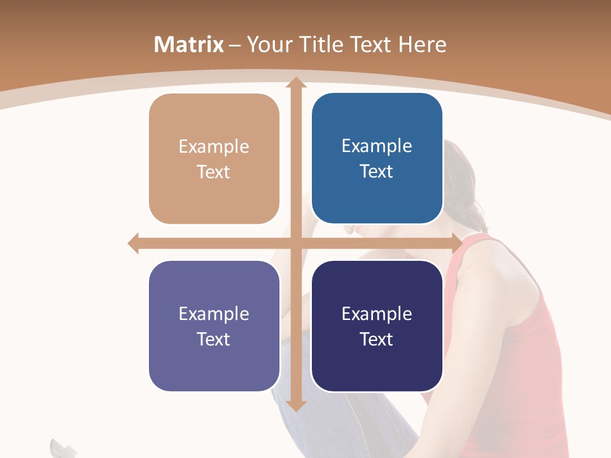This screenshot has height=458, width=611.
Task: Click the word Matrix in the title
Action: [188, 45]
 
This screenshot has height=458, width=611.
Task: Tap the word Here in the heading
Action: [422, 45]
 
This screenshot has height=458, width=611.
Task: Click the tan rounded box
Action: [214, 159]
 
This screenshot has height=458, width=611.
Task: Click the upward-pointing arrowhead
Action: [295, 83]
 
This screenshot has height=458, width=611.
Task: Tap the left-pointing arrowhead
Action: [134, 243]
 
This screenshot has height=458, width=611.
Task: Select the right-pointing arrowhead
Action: [457, 243]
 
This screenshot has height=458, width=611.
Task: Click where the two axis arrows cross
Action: [295, 243]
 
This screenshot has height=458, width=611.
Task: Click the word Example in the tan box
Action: [214, 147]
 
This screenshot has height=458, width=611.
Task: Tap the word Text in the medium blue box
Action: [377, 172]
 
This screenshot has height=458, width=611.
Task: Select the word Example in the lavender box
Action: [214, 314]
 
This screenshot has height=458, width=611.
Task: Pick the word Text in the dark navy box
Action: [377, 339]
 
